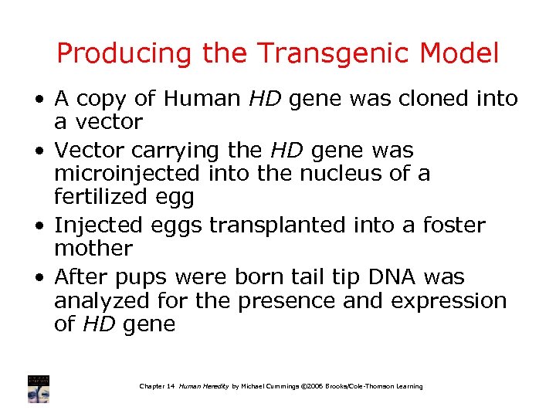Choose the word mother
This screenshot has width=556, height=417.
click(93, 249)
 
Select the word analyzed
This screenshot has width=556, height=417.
click(106, 300)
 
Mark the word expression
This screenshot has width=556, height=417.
click(449, 300)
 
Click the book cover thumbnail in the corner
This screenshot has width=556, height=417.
click(38, 388)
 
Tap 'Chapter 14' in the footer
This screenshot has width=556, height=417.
click(157, 386)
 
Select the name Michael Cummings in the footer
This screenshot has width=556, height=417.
click(274, 386)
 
